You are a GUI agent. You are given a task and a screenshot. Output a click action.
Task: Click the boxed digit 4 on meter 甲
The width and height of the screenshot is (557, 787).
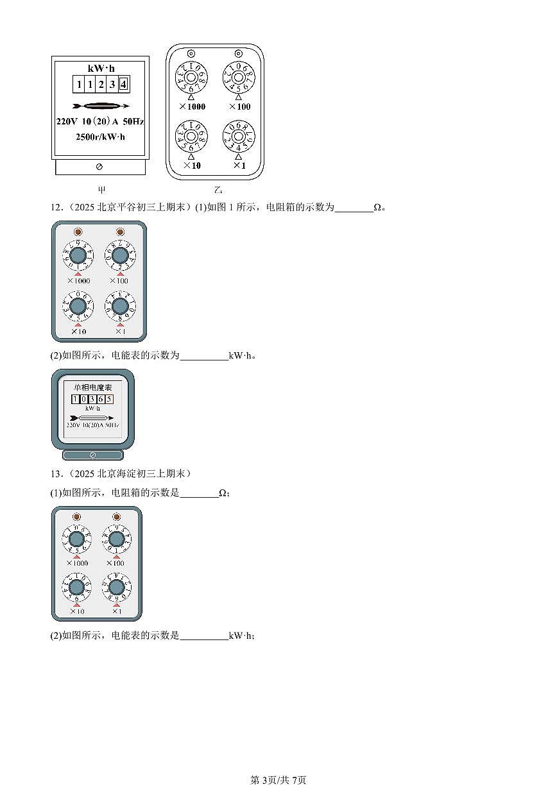click(123, 85)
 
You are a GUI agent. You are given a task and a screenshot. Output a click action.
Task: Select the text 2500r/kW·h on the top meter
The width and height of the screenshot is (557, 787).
click(100, 136)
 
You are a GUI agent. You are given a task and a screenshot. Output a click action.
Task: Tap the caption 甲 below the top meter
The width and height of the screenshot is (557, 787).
click(101, 190)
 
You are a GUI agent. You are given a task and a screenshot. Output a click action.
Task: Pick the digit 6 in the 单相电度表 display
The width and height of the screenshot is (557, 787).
click(101, 399)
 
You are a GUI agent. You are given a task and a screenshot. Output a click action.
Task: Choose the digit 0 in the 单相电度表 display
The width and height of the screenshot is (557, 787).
click(83, 399)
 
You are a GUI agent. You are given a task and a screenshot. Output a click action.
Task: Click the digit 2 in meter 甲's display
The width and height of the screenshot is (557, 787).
click(101, 85)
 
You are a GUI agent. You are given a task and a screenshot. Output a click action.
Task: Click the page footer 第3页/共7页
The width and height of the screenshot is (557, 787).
click(278, 780)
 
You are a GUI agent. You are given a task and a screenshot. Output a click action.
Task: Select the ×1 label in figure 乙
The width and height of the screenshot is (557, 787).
click(239, 165)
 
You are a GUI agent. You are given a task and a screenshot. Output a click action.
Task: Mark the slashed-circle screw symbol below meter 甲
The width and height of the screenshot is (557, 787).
click(99, 167)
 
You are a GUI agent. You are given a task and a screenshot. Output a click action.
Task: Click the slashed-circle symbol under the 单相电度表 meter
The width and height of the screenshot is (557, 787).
click(92, 455)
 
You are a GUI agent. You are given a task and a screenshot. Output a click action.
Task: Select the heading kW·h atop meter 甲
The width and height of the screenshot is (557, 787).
click(100, 68)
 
